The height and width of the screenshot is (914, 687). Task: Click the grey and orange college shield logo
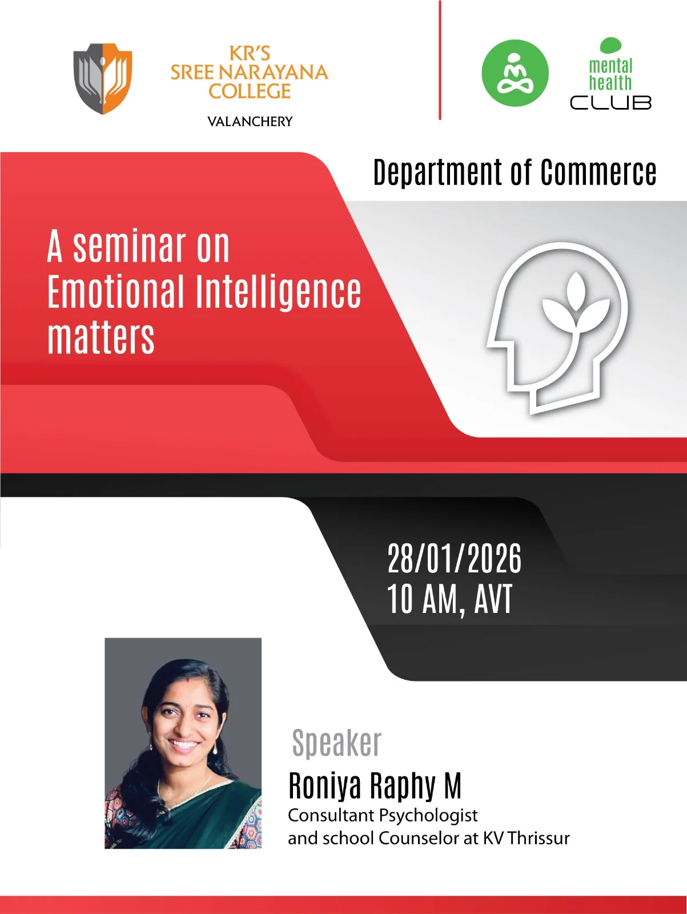click(103, 78)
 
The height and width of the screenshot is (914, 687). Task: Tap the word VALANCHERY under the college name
click(250, 122)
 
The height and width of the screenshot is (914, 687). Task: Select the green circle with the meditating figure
click(515, 73)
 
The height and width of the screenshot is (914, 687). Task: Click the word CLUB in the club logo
click(610, 102)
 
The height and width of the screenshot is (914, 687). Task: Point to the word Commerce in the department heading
click(598, 173)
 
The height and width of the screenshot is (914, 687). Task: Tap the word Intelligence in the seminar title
click(278, 292)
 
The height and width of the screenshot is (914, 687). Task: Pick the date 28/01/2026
click(455, 559)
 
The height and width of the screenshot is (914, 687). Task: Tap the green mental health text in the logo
click(610, 74)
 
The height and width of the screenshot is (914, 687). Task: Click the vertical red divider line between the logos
click(440, 61)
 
